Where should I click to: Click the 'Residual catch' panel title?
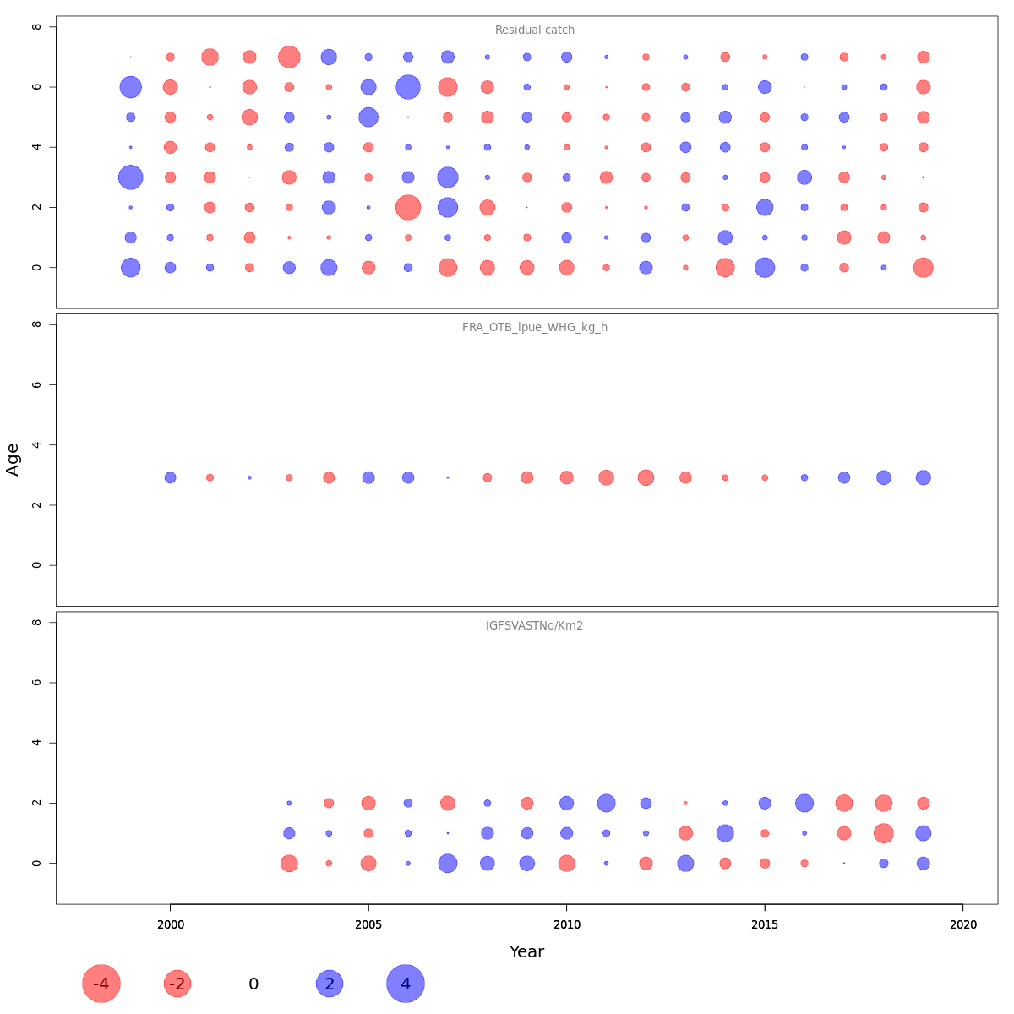534,30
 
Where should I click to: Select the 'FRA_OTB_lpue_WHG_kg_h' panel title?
534,328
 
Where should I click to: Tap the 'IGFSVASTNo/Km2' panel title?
534,626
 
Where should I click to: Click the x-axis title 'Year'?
526,951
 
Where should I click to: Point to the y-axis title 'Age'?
13,460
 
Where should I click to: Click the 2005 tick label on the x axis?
368,925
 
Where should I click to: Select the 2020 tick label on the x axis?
962,925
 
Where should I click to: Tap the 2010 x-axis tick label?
566,925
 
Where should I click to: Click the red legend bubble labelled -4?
101,984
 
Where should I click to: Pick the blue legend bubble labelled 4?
406,984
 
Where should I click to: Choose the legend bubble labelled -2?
177,984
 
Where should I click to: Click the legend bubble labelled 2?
330,984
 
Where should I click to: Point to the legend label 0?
253,984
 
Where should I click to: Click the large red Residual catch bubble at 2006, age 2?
408,207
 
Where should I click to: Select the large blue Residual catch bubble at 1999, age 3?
130,177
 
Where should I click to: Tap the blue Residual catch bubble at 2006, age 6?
408,87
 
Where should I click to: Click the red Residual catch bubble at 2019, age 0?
923,268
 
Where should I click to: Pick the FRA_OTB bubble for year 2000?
170,477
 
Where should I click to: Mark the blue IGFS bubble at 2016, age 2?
804,803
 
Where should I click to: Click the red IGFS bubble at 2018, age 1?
884,833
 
